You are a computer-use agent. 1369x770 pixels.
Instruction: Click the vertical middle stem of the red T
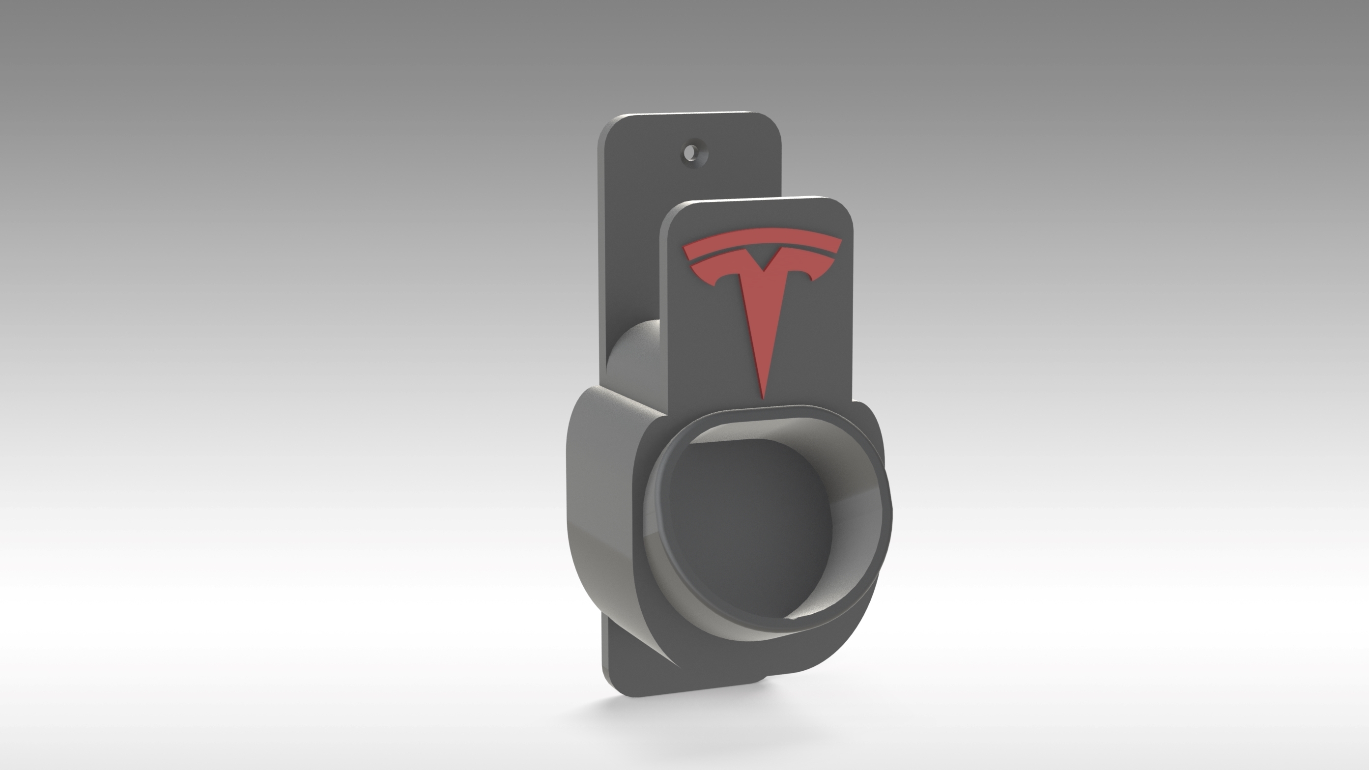(764, 329)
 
